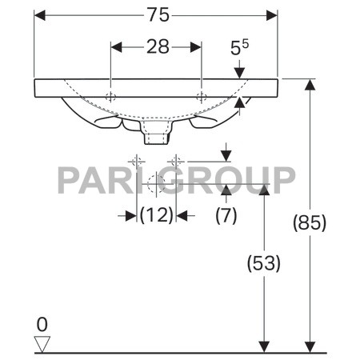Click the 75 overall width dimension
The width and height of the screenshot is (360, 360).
tap(158, 15)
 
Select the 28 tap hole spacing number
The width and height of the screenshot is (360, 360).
tap(158, 47)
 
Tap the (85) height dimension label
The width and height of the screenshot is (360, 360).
tap(310, 222)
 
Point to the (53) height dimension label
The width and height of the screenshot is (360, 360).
tap(264, 263)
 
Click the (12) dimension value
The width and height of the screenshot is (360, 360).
tap(157, 215)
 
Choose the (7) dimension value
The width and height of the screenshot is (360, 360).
tap(226, 215)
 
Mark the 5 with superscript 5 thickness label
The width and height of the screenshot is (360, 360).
tap(239, 47)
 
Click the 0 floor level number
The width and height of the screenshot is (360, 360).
tap(42, 325)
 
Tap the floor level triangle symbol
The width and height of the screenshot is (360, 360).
tap(42, 344)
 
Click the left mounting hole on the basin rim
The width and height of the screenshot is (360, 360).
tap(110, 97)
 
